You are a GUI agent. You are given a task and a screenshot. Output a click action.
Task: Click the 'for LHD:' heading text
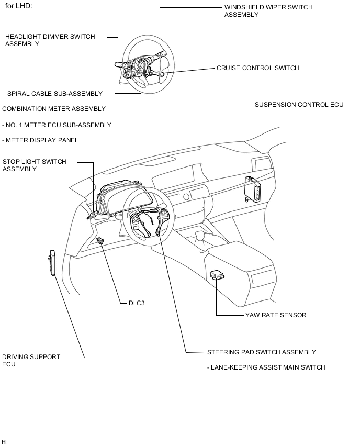18,6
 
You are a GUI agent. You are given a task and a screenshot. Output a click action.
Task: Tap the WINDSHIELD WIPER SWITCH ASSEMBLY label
268,11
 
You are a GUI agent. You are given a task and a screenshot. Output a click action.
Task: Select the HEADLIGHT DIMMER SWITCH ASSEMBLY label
50,40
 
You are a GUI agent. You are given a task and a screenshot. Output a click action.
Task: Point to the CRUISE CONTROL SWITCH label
257,68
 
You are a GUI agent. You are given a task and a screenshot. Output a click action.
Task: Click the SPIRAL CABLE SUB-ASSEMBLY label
55,94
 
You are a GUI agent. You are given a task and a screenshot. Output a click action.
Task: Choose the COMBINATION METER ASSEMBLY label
54,109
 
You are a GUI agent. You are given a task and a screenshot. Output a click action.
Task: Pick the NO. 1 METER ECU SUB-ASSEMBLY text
57,125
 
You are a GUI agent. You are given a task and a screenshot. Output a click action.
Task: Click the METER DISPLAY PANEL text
40,140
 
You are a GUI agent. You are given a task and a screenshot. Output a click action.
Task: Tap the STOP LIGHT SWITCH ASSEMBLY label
35,165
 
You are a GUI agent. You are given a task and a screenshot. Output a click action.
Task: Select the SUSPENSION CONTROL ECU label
299,105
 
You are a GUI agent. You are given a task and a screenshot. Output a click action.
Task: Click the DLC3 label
137,303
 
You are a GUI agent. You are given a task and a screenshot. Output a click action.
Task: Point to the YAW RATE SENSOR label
276,315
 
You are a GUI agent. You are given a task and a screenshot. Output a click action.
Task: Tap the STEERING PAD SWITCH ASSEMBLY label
261,352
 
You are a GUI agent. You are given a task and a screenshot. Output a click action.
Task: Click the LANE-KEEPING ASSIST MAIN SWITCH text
266,367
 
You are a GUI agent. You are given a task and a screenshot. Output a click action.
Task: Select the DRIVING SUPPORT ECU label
31,360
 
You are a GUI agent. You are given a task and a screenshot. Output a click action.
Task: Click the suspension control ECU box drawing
254,188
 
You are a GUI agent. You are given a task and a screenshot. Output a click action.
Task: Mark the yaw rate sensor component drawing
217,275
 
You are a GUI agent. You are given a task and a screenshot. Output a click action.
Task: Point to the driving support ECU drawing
51,263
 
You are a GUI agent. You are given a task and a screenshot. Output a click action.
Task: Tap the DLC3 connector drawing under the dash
100,240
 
